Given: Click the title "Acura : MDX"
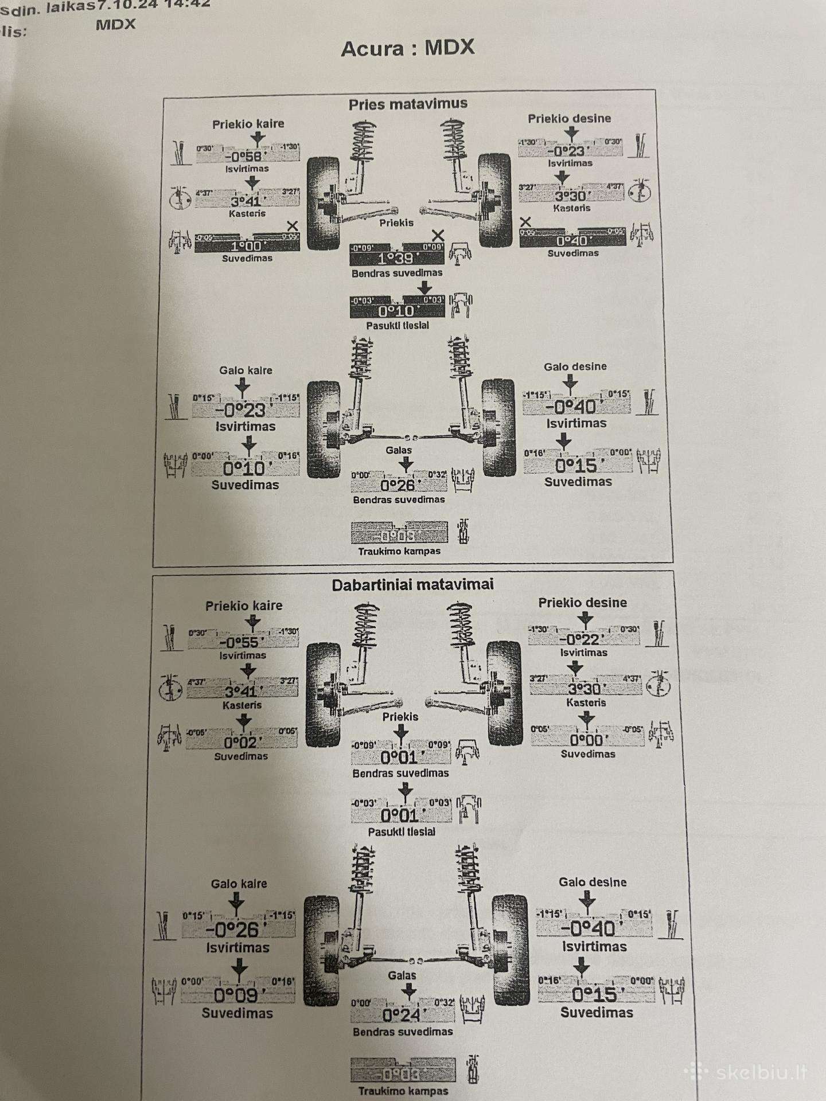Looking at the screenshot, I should click(x=408, y=48).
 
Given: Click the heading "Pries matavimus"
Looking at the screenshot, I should click(x=408, y=104).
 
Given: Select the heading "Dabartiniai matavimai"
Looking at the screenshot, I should click(x=412, y=585).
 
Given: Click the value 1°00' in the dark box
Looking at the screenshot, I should click(x=246, y=246).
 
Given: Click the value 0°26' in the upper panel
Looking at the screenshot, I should click(x=398, y=486).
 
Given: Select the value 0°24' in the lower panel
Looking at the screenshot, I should click(x=402, y=1016).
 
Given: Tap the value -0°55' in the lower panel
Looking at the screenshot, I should click(x=242, y=643).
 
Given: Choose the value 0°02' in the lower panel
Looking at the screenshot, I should click(x=242, y=743).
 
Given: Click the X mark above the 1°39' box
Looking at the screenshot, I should click(x=438, y=235).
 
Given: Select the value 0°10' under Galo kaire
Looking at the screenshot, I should click(x=244, y=468).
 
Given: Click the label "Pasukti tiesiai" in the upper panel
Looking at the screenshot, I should click(x=398, y=326).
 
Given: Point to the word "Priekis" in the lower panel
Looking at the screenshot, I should click(x=400, y=717).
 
